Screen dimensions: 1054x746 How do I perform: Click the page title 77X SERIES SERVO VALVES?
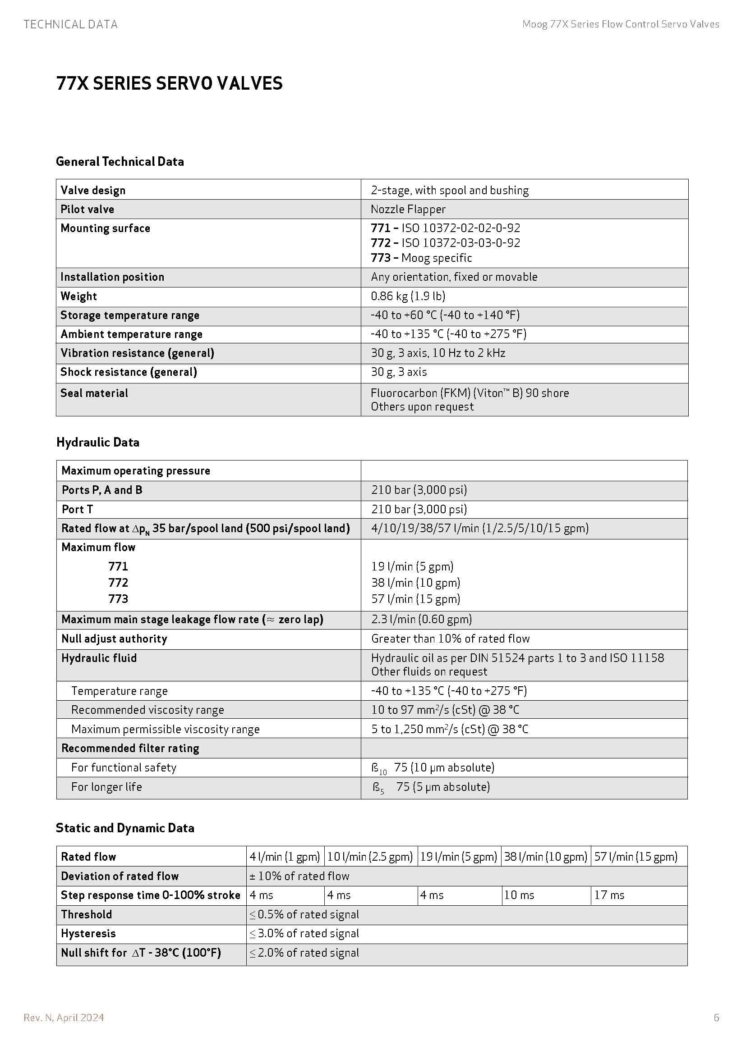[169, 83]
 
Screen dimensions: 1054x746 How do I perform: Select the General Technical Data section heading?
[120, 162]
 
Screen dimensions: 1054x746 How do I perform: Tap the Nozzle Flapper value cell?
[408, 210]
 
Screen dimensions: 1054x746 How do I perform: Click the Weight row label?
[78, 296]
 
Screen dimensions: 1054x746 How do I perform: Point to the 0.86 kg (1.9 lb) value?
[408, 296]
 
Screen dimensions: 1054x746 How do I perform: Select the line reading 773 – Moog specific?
[421, 258]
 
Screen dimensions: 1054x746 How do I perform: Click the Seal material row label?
[94, 393]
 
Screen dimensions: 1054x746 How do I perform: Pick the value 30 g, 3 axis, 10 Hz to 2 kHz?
[438, 353]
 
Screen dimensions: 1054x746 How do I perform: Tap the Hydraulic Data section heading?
[98, 443]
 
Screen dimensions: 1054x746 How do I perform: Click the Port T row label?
[77, 509]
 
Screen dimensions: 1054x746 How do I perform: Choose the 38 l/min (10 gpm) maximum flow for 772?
[416, 583]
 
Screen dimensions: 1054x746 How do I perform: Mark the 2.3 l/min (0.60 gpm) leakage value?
[421, 619]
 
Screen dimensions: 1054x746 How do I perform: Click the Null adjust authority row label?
[115, 639]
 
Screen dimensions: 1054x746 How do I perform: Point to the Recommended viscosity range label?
[147, 710]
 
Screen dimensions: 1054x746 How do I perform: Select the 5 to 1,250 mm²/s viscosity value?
[450, 729]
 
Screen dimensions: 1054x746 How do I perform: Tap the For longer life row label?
[106, 787]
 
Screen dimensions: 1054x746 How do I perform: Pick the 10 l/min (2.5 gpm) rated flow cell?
[370, 857]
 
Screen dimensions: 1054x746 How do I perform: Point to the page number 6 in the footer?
[716, 1018]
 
